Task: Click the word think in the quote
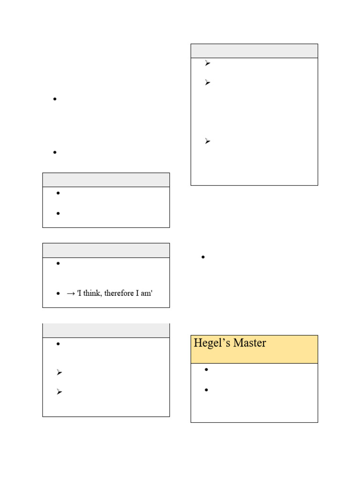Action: click(92, 293)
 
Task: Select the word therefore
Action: click(119, 293)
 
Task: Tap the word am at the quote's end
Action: click(146, 293)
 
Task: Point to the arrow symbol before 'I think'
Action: click(71, 293)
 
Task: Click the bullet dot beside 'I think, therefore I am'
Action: click(58, 293)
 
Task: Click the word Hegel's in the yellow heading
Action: click(212, 343)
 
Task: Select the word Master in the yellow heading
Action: click(249, 343)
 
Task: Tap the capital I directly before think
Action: click(80, 293)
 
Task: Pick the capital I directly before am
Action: click(137, 293)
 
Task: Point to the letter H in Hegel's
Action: click(198, 343)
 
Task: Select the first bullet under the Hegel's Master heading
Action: click(206, 369)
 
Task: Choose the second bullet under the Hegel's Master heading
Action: click(206, 390)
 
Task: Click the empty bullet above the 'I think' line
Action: click(58, 263)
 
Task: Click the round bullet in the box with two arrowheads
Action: click(58, 344)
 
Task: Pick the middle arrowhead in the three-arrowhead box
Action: click(208, 82)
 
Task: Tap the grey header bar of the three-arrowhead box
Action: click(255, 51)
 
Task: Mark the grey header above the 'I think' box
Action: click(106, 250)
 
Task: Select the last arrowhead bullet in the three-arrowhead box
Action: click(208, 141)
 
